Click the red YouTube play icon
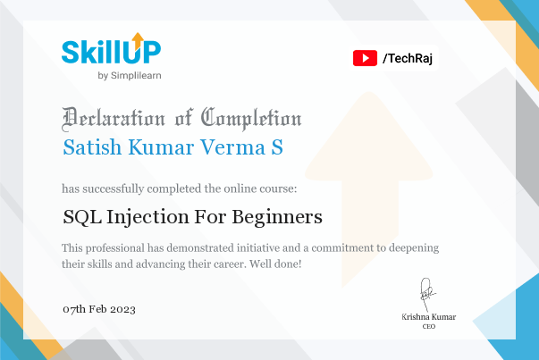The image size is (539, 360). [365, 58]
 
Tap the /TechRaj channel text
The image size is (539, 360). [408, 58]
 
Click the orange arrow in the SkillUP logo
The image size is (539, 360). [138, 41]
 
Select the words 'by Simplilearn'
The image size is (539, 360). [130, 76]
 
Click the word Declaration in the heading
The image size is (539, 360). [114, 119]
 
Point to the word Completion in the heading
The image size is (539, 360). [251, 119]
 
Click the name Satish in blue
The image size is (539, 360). [92, 147]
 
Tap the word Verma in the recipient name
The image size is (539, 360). [232, 147]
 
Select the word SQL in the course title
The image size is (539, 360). [82, 217]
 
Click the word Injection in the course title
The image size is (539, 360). [147, 218]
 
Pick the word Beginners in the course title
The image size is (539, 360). [277, 218]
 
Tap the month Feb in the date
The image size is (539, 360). [97, 309]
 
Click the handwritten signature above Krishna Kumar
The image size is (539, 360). [427, 294]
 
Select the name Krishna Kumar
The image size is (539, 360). [429, 317]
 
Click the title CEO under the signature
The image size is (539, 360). [429, 326]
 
